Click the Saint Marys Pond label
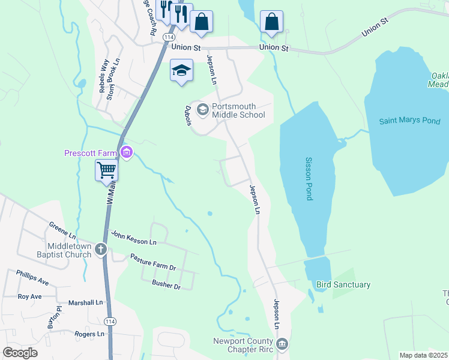point(409,121)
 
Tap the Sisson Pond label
point(309,179)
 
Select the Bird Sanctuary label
point(343,284)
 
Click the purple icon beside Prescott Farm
point(126,152)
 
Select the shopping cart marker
point(106,170)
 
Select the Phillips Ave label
point(32,277)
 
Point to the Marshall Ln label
point(85,303)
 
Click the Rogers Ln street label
point(89,334)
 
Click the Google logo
point(20,353)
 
